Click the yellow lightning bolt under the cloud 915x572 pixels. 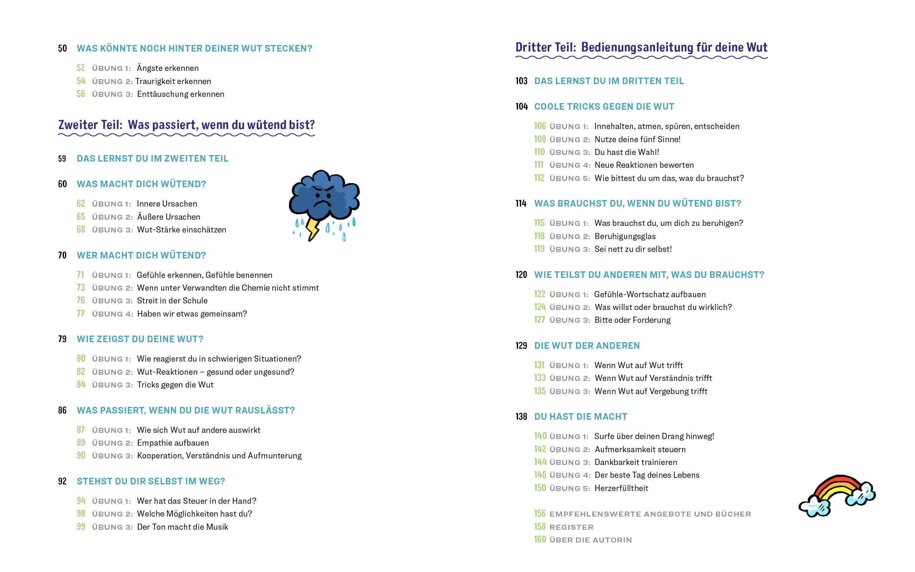312,228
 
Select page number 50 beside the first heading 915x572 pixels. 62,48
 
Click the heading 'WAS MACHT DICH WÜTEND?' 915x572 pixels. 141,184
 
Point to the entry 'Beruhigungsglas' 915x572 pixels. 625,236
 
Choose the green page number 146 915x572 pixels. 540,475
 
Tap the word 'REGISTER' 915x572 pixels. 571,527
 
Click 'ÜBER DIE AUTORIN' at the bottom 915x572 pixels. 590,540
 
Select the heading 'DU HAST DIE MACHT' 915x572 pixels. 580,417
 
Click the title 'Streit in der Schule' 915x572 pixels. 172,301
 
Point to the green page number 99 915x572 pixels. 81,527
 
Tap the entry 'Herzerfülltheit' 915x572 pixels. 621,488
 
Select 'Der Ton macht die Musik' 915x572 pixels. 182,527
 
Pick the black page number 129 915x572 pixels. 521,346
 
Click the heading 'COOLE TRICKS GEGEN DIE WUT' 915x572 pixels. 604,107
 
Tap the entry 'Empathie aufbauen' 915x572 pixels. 173,443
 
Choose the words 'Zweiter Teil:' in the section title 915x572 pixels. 90,125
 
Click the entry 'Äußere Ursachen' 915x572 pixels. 169,217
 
